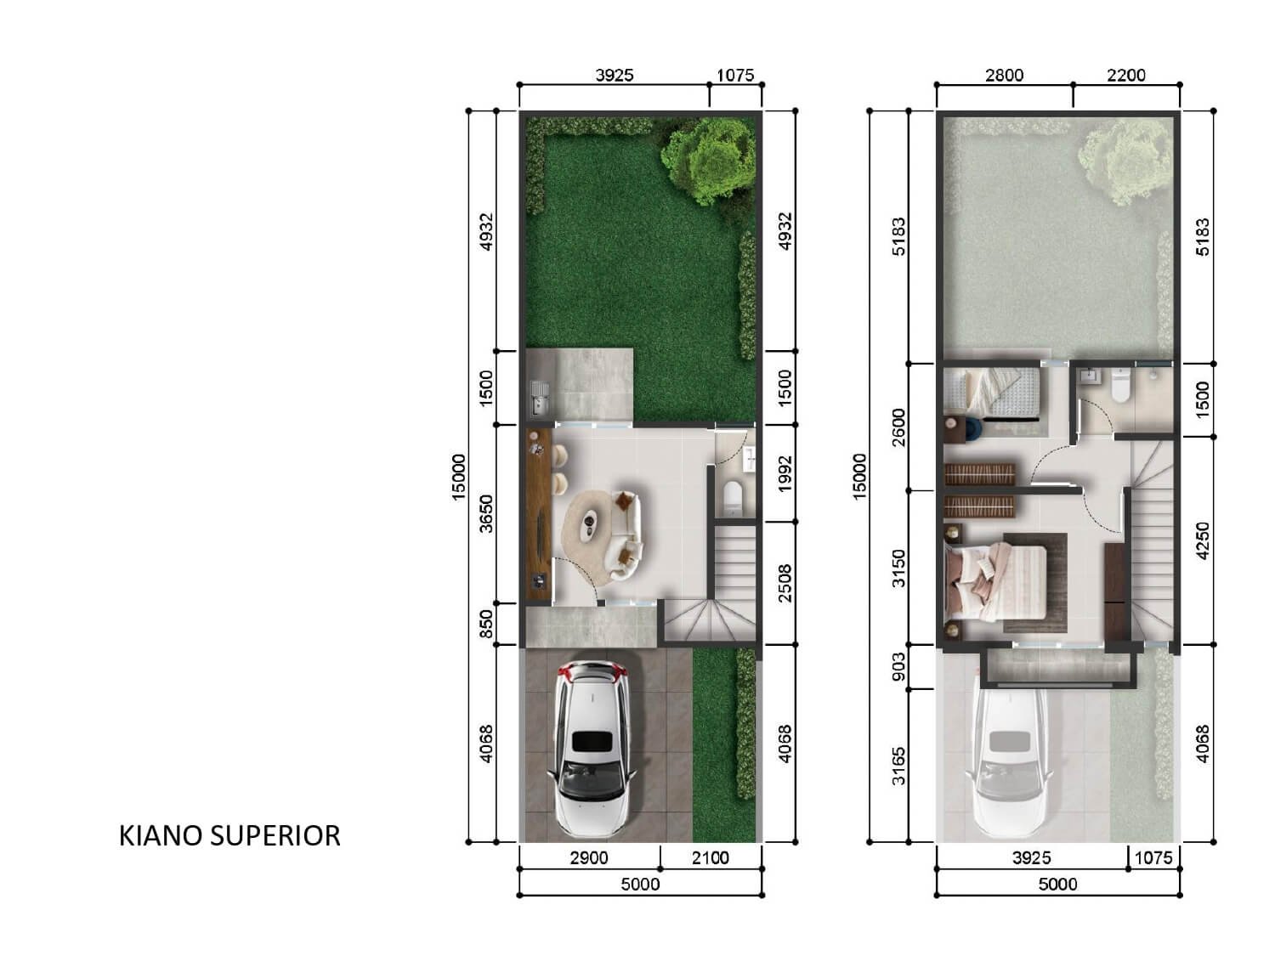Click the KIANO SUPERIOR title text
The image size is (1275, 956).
tap(229, 836)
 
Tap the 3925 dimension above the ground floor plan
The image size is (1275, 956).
tap(614, 76)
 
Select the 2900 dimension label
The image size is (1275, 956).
tap(588, 858)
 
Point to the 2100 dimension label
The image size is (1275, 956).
tap(710, 858)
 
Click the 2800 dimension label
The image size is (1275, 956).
tap(1005, 76)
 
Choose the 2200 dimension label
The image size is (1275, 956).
tap(1125, 76)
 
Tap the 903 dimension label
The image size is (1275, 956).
tap(898, 667)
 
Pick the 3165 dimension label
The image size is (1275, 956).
tap(898, 766)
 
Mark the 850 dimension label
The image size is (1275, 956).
tap(486, 624)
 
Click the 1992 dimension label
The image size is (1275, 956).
tap(785, 473)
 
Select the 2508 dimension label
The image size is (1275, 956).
tap(785, 583)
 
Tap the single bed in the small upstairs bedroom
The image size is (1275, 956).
tap(991, 394)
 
